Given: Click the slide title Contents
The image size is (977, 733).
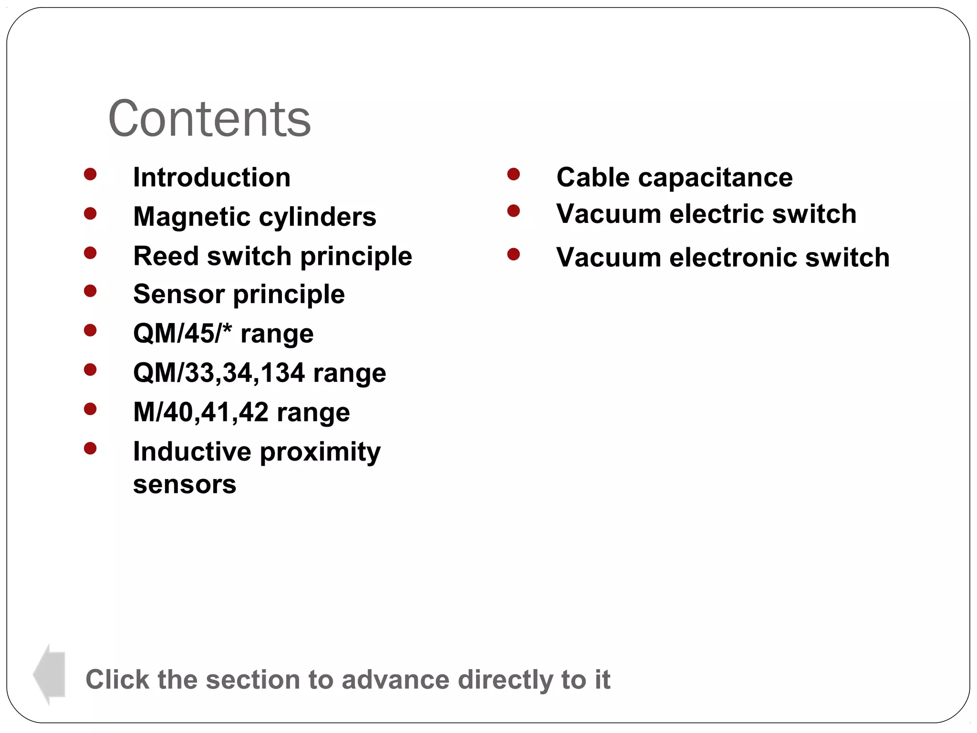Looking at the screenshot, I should (x=209, y=118).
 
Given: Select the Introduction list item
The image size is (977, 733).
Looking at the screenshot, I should (x=212, y=178).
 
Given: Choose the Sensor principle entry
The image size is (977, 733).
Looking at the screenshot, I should (x=239, y=294).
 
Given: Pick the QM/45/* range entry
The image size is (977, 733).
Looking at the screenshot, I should (x=223, y=333).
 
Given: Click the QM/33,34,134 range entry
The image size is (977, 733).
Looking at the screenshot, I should (x=260, y=373).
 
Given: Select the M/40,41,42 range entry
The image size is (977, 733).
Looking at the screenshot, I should (x=241, y=412).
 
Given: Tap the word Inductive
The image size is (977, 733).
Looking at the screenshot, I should (x=192, y=451).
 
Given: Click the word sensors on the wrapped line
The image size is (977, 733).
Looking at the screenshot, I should (x=185, y=485).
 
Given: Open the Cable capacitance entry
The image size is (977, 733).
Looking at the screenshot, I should (x=674, y=178).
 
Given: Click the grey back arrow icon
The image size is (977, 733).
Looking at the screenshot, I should (x=49, y=674).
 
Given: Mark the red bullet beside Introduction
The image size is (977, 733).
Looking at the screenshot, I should (x=90, y=174).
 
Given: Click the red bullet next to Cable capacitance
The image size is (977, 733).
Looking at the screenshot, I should (x=513, y=174).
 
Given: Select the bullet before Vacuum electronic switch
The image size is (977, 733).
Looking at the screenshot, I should (x=513, y=254).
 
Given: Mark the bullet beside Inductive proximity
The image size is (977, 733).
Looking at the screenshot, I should (x=90, y=448).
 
